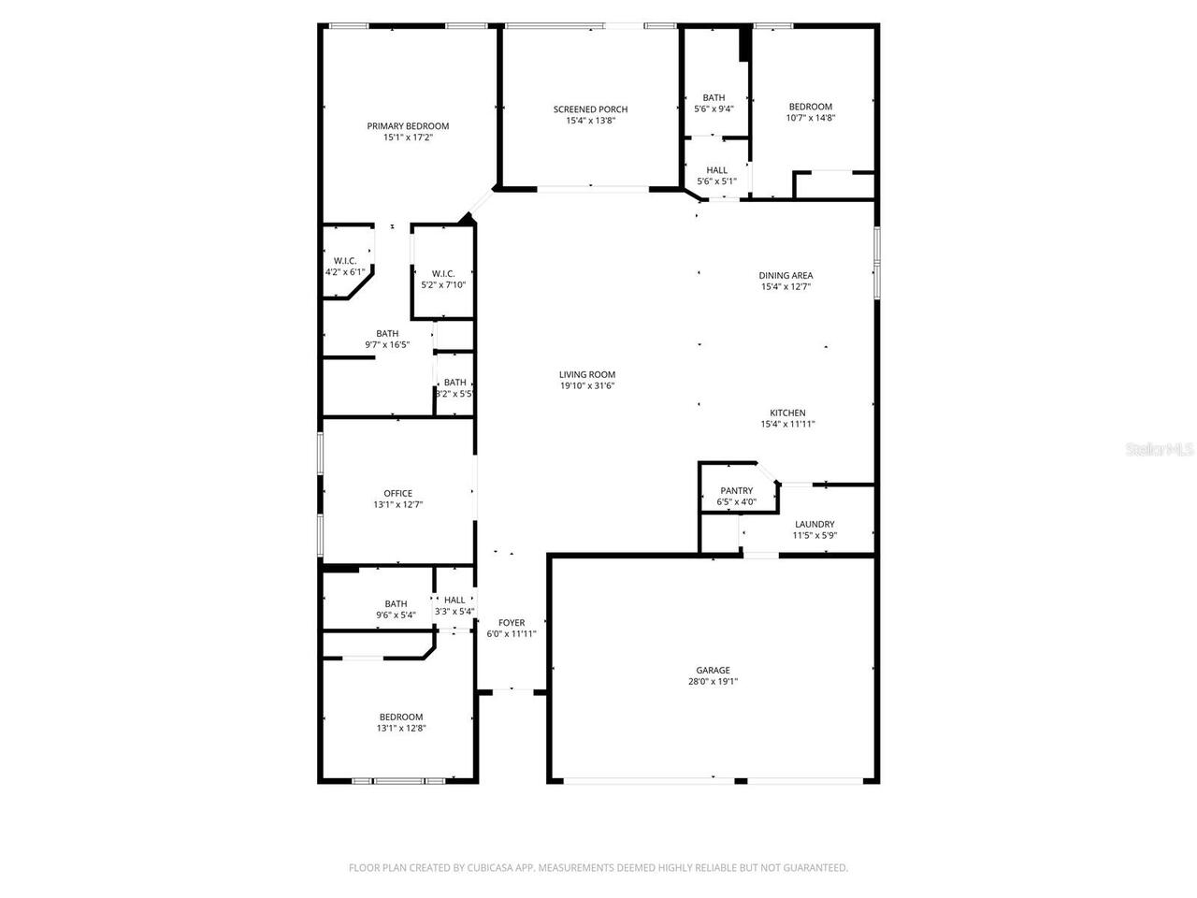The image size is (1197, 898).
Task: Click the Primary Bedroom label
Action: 408,126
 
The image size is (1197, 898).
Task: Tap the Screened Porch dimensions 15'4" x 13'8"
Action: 590,121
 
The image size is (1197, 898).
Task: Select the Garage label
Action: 713,670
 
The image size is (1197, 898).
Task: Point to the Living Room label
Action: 587,374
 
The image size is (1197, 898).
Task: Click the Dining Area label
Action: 786,275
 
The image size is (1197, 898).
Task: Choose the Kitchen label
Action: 787,413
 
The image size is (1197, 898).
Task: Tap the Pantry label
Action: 736,490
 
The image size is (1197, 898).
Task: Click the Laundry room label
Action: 815,524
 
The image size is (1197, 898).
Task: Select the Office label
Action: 397,493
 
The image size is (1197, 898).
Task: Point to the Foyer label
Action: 512,622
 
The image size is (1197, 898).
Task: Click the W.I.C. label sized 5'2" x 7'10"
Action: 443,273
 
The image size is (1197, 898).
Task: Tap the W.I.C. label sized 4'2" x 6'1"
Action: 345,261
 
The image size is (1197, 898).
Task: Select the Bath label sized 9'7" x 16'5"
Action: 387,333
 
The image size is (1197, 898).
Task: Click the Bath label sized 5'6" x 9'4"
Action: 714,97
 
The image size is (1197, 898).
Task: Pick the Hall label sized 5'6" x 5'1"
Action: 717,170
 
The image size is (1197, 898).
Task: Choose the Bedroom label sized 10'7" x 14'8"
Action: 810,107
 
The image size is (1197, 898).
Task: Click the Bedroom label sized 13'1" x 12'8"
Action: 400,717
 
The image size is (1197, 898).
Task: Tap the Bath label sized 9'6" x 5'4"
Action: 396,603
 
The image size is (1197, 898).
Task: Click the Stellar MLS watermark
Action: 1161,449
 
